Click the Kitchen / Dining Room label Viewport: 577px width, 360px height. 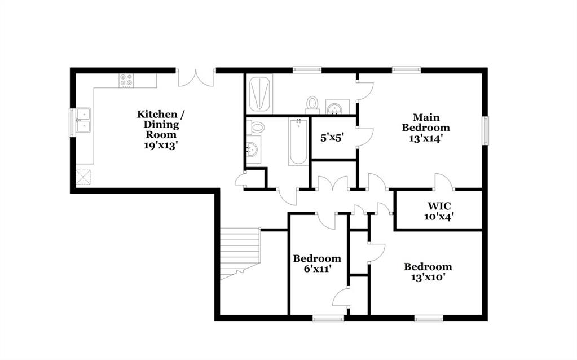pos(161,124)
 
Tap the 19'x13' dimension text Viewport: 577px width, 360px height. pos(161,146)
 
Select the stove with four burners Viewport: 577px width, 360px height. pos(126,81)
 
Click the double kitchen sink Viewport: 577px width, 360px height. pos(83,120)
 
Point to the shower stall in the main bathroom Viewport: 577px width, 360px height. pos(260,94)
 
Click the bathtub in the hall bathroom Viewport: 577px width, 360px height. pos(298,142)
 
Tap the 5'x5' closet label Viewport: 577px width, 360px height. pos(332,138)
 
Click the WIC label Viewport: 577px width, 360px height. pos(439,206)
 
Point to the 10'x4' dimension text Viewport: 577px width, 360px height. pos(439,217)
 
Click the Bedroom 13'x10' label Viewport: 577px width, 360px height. pos(428,271)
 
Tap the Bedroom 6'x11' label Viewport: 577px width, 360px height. pos(317,264)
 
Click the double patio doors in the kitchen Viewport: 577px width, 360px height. pos(196,77)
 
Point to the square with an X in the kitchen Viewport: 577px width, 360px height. pos(83,177)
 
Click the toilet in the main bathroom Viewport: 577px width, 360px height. pos(312,104)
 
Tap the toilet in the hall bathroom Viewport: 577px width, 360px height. pos(256,127)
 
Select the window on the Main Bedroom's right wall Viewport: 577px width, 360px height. pos(486,130)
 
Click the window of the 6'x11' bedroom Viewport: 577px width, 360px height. pos(328,318)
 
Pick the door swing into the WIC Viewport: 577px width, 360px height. pos(444,182)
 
